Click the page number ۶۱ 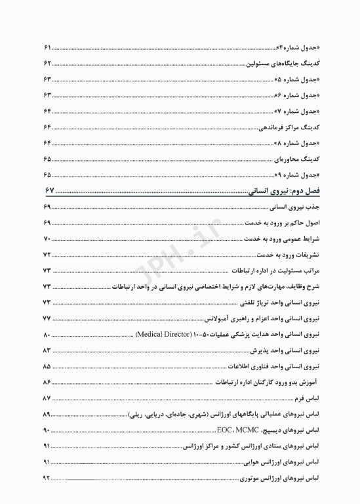(x=47, y=48)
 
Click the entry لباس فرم (x=308, y=398)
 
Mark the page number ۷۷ (x=47, y=318)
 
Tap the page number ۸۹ (x=47, y=415)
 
